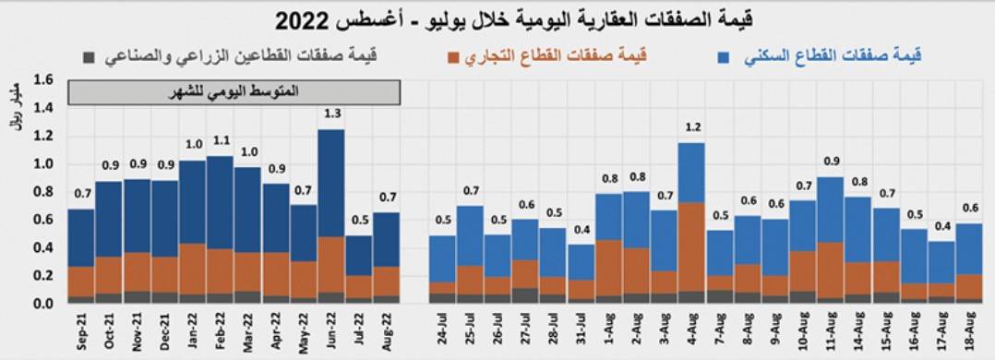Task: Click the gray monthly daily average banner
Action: tap(234, 92)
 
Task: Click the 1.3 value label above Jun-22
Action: tap(331, 114)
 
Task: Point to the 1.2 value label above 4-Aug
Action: tap(690, 126)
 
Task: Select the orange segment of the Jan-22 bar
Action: tap(192, 269)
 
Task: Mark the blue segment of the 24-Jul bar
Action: tap(442, 258)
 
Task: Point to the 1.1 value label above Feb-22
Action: tap(220, 140)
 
